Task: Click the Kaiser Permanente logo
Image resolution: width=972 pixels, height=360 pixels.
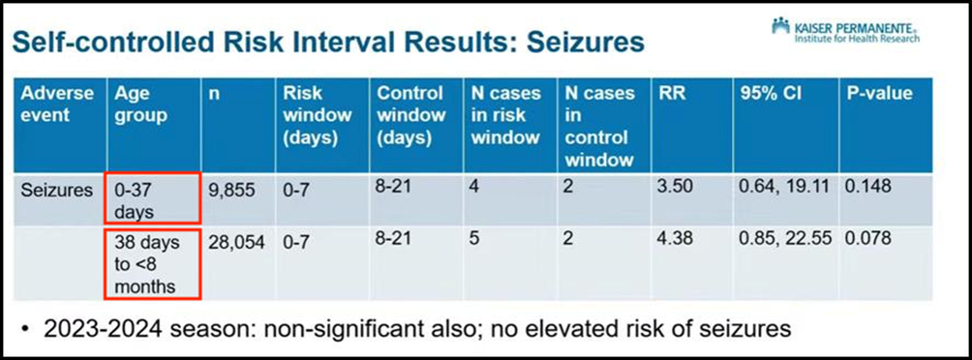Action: tap(845, 30)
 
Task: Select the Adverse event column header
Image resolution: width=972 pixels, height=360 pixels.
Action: tap(58, 105)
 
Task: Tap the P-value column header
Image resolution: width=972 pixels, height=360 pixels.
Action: tap(880, 94)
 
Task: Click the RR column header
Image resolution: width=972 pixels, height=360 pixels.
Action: tap(671, 94)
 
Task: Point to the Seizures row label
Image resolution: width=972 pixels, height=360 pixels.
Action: tap(57, 191)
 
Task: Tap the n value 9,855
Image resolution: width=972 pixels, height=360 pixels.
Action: tap(231, 191)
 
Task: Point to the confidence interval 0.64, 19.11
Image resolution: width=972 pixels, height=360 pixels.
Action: tap(783, 187)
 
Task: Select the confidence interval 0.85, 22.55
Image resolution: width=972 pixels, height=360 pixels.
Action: tap(785, 239)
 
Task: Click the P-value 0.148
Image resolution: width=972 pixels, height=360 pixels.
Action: tap(868, 187)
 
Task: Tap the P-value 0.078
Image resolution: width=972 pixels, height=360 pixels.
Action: tap(868, 239)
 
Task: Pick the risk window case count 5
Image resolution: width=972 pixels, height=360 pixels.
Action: tap(474, 239)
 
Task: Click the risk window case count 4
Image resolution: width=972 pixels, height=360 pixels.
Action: tap(474, 187)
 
